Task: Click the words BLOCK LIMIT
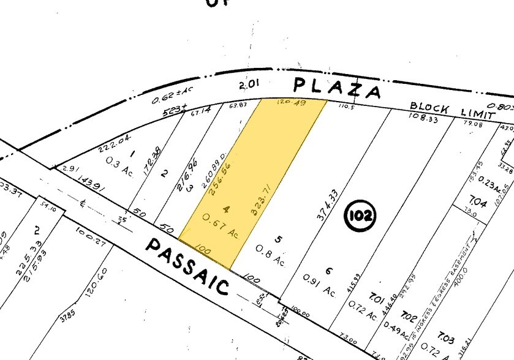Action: (452, 110)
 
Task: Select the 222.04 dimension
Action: (114, 143)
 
